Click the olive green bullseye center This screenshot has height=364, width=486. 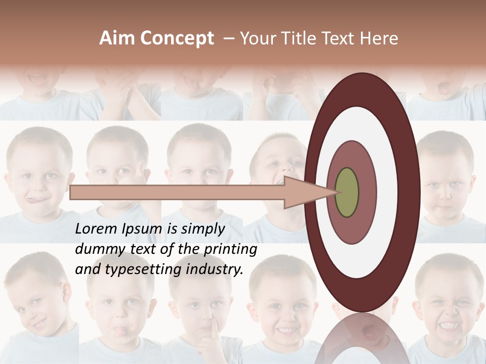point(347,192)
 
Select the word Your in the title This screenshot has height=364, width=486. point(255,38)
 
